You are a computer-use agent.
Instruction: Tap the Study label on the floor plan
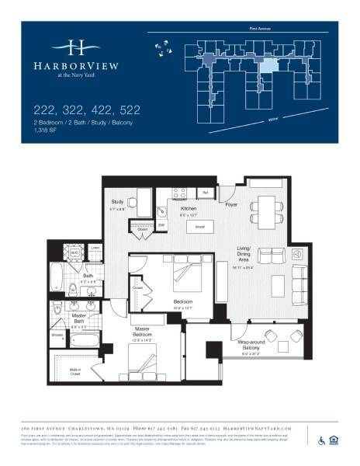pyautogui.click(x=118, y=203)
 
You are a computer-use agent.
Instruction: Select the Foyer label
pyautogui.click(x=231, y=206)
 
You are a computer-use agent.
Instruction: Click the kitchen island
pyautogui.click(x=188, y=228)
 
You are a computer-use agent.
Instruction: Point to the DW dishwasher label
pyautogui.click(x=161, y=225)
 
